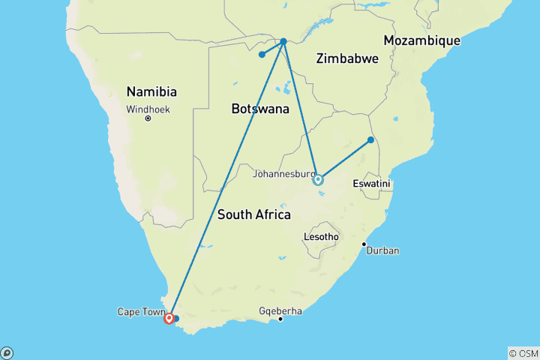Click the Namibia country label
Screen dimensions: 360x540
coord(151,92)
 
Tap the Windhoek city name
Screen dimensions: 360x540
coord(148,109)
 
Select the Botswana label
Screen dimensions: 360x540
coord(260,109)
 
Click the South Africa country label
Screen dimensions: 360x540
coord(253,214)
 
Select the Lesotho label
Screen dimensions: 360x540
coord(321,236)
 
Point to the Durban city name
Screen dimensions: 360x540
coord(382,250)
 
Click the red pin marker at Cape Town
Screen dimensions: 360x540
coord(169,318)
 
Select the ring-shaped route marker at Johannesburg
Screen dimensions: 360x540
coord(318,179)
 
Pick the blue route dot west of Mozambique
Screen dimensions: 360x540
coord(370,139)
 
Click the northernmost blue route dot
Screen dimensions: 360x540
coord(283,41)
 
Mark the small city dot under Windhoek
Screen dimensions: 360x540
coord(148,118)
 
